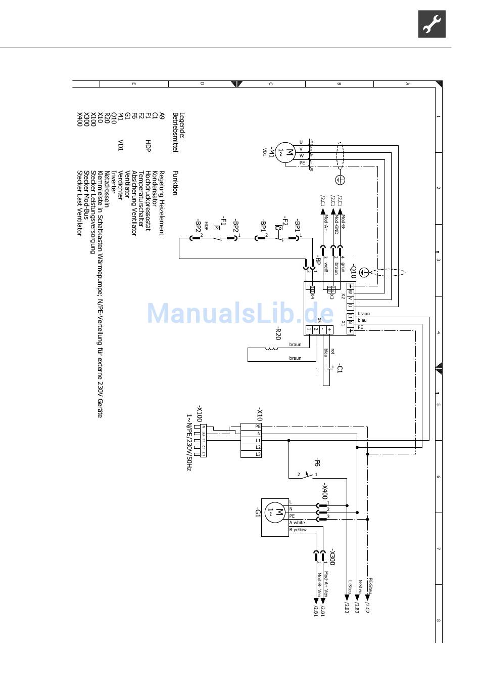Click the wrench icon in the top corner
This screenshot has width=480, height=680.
[431, 24]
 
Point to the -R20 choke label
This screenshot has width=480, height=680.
[277, 333]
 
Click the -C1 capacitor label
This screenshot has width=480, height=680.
[340, 368]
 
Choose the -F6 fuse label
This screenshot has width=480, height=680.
[317, 462]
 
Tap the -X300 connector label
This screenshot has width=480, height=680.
[331, 557]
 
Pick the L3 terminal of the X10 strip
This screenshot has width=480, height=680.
[258, 454]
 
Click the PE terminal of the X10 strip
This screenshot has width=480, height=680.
[258, 427]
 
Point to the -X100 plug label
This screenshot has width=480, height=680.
[200, 413]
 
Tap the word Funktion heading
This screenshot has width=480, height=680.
[175, 183]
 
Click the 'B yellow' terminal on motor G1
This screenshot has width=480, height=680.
[298, 530]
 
